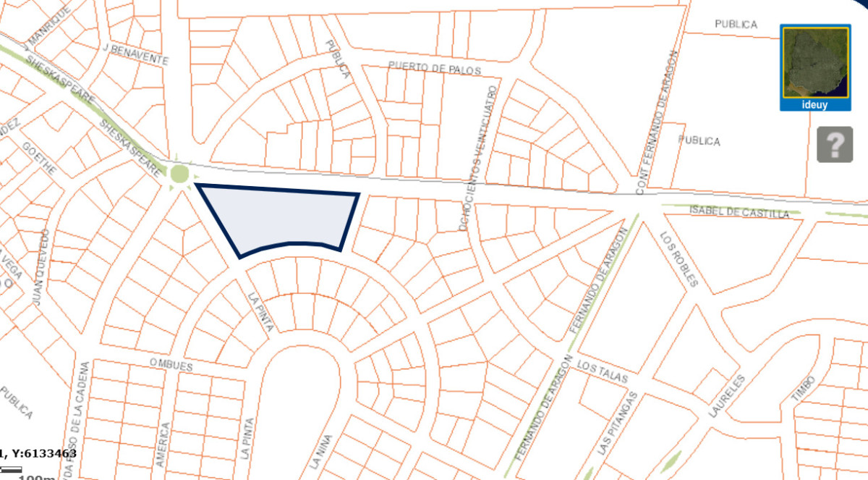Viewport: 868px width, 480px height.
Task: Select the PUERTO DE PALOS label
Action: (x=433, y=68)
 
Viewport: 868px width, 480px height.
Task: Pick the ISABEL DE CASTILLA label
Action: (x=739, y=212)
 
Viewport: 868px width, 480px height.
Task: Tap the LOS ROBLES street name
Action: (x=679, y=258)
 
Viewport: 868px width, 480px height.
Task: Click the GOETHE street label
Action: (x=39, y=156)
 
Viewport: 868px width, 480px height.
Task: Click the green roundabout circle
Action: (x=179, y=174)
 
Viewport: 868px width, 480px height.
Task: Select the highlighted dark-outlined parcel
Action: (x=286, y=217)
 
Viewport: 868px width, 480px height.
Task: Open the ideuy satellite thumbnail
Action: (x=814, y=67)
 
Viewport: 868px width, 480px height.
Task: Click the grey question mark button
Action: (x=835, y=145)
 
